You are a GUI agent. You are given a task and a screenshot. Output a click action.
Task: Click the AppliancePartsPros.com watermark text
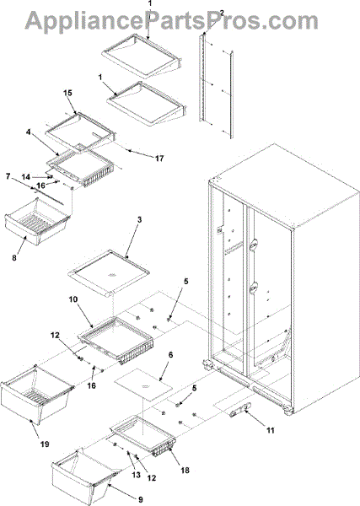172,20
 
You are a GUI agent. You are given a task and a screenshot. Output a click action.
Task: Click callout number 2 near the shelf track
221,13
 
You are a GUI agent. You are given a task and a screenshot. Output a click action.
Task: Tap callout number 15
67,93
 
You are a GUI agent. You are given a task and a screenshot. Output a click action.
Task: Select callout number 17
159,159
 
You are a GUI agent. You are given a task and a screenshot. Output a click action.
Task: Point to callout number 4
29,132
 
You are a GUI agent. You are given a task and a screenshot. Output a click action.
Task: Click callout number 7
8,176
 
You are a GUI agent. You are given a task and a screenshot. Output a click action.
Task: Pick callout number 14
26,177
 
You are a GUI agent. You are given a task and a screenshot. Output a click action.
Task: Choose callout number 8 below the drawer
14,258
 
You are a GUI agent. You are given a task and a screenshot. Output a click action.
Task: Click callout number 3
139,220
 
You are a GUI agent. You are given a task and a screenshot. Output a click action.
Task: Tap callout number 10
73,299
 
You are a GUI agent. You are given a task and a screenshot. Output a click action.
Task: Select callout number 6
170,355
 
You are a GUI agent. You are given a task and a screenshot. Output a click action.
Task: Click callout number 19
45,444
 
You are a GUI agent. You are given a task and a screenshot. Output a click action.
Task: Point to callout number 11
271,430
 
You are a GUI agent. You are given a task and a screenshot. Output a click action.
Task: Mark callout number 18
185,471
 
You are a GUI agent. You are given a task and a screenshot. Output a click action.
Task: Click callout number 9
140,499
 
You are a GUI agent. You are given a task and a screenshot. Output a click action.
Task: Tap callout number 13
137,475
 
